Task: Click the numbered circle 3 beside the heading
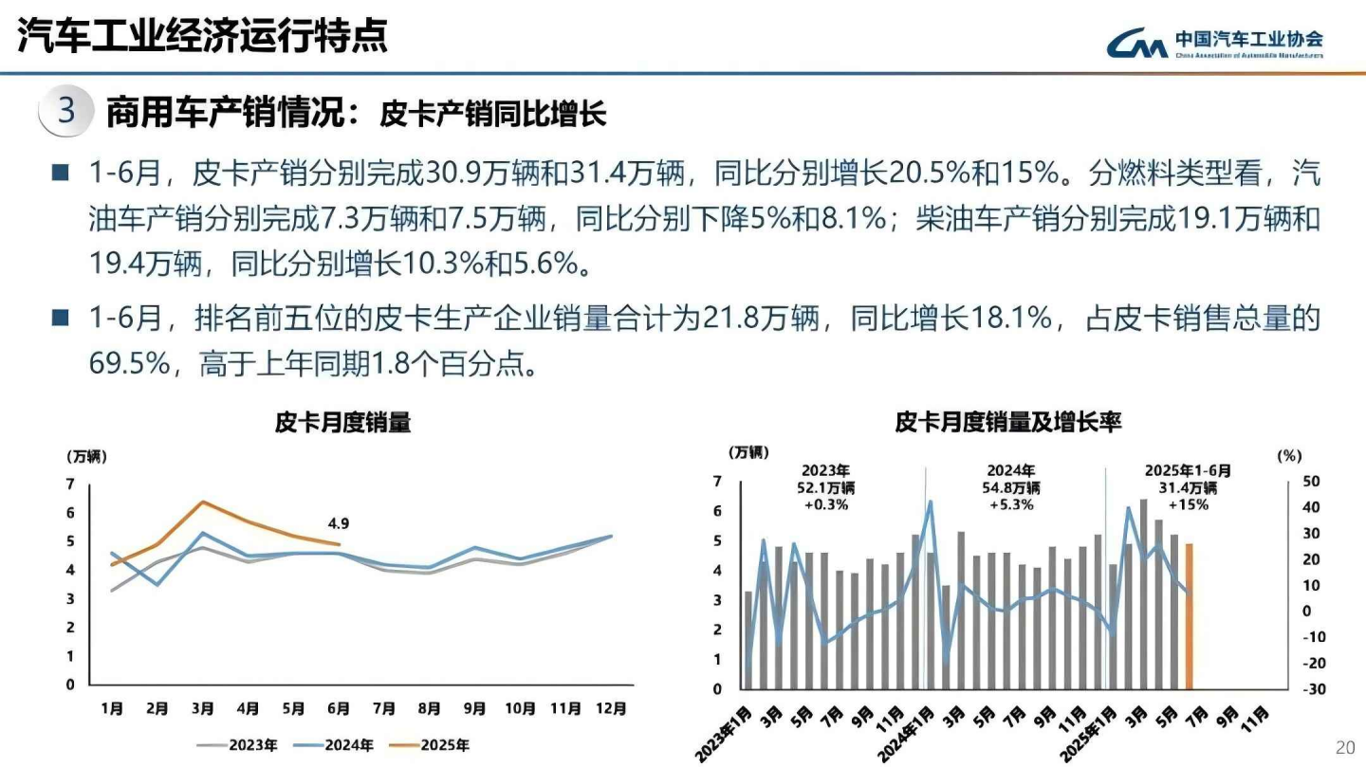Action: tap(66, 112)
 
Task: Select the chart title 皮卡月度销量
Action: tap(342, 423)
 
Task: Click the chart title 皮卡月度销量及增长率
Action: tap(1007, 423)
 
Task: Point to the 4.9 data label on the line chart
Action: tap(339, 523)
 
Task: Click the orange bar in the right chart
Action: tap(1189, 616)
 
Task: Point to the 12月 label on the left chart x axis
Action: tap(610, 707)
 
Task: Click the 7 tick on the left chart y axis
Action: tap(70, 484)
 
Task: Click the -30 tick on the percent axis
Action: tap(1314, 689)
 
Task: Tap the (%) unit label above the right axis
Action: tap(1289, 456)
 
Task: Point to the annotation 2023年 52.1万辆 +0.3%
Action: tap(826, 487)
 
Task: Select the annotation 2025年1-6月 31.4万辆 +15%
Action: tap(1188, 487)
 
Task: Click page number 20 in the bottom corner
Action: tap(1344, 745)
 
